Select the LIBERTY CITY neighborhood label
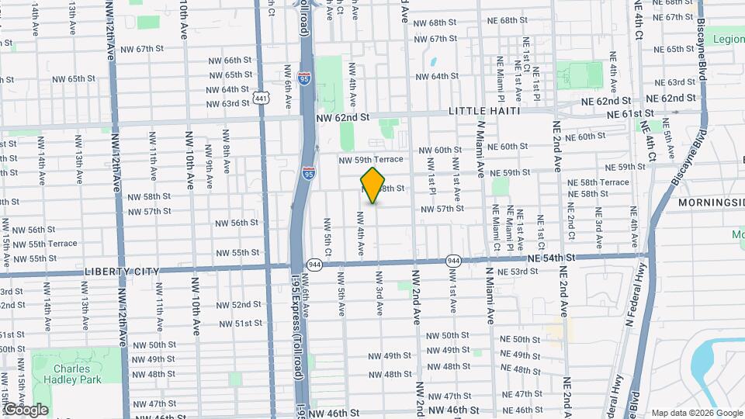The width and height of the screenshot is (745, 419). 121,272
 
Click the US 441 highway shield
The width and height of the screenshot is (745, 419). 261,98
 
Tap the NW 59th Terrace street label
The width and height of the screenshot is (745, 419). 370,160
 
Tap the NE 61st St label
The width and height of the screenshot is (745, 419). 627,114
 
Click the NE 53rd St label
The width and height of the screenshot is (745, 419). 518,272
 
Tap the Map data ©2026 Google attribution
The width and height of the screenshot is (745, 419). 695,413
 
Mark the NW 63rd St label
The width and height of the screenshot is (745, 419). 224,103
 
